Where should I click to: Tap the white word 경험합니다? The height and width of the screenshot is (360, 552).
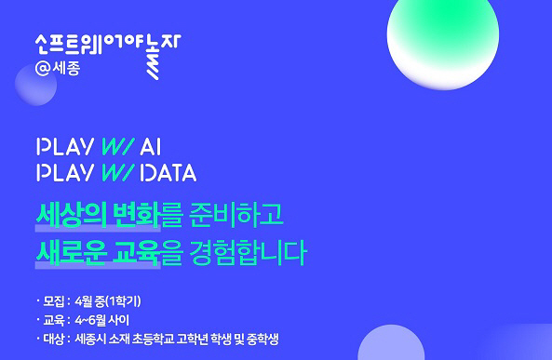coord(249,251)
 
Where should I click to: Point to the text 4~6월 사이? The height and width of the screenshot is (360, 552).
coord(100,320)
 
